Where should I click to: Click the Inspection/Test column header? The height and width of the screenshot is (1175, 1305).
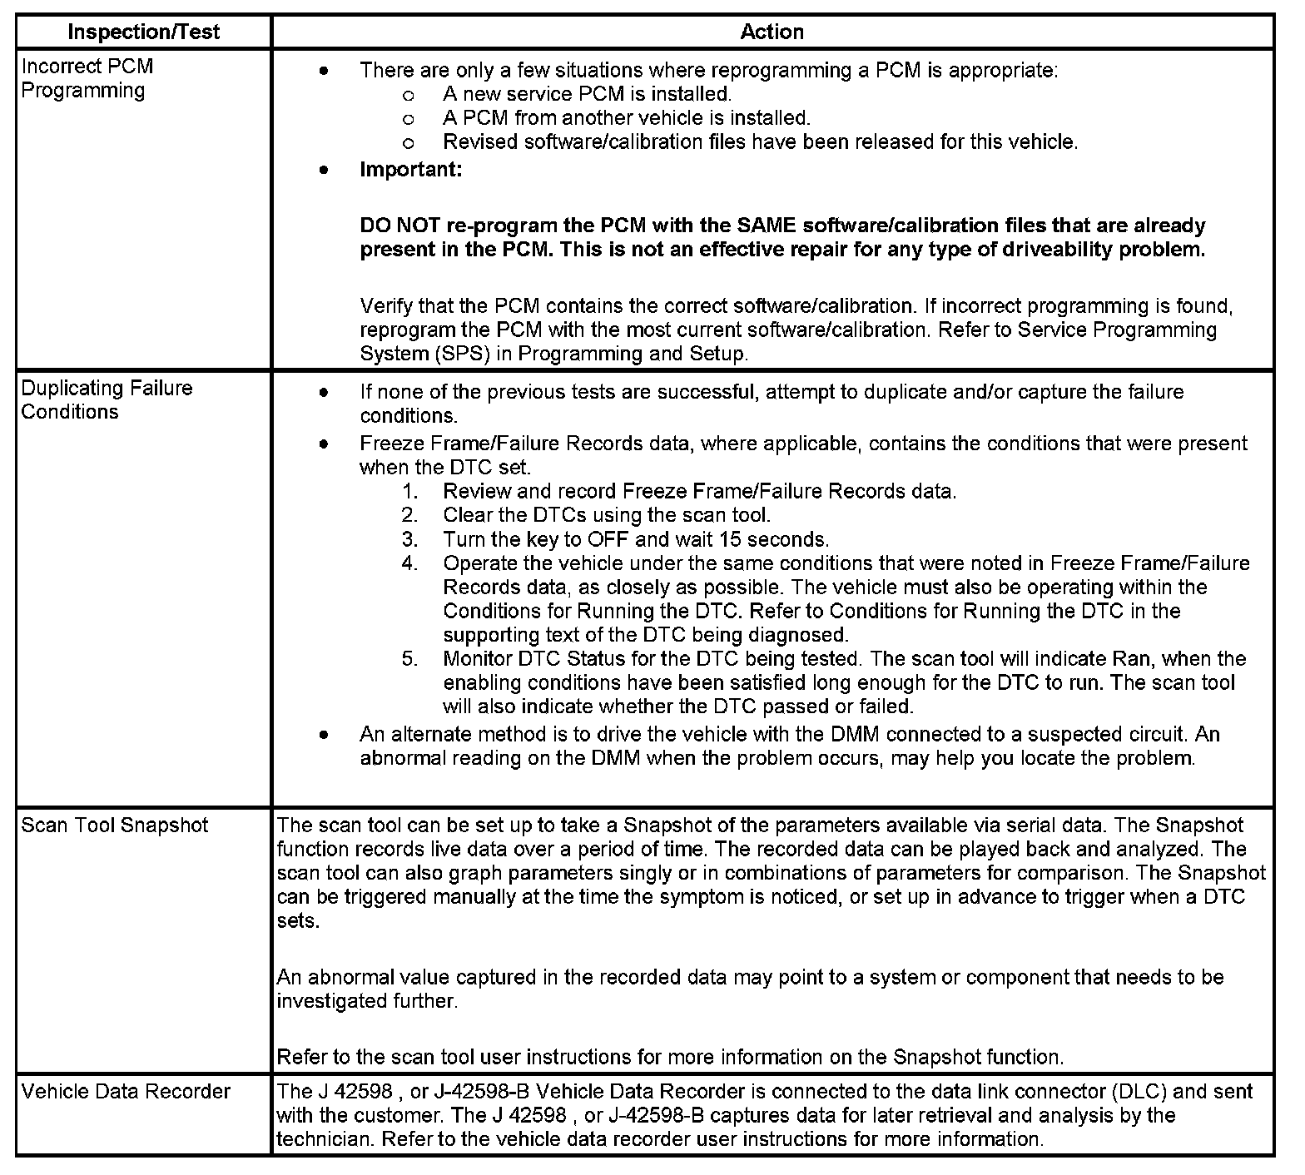[143, 32]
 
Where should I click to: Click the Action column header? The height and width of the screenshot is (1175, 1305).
[772, 32]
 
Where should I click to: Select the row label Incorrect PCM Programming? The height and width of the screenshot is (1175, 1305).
[87, 78]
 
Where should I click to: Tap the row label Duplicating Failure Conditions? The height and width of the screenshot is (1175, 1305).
[107, 400]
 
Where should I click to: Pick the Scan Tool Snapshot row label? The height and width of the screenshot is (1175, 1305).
[115, 825]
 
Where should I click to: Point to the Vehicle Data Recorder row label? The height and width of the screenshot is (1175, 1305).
[126, 1092]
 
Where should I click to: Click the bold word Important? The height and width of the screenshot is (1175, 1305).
[410, 170]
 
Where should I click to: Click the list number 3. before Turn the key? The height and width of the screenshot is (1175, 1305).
[409, 539]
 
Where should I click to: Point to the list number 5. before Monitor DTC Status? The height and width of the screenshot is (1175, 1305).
[409, 659]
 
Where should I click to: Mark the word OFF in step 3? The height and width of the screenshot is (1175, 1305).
[608, 539]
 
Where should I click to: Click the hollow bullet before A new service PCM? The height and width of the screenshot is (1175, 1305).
[408, 95]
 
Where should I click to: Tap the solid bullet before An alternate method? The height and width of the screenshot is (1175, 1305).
[324, 735]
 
